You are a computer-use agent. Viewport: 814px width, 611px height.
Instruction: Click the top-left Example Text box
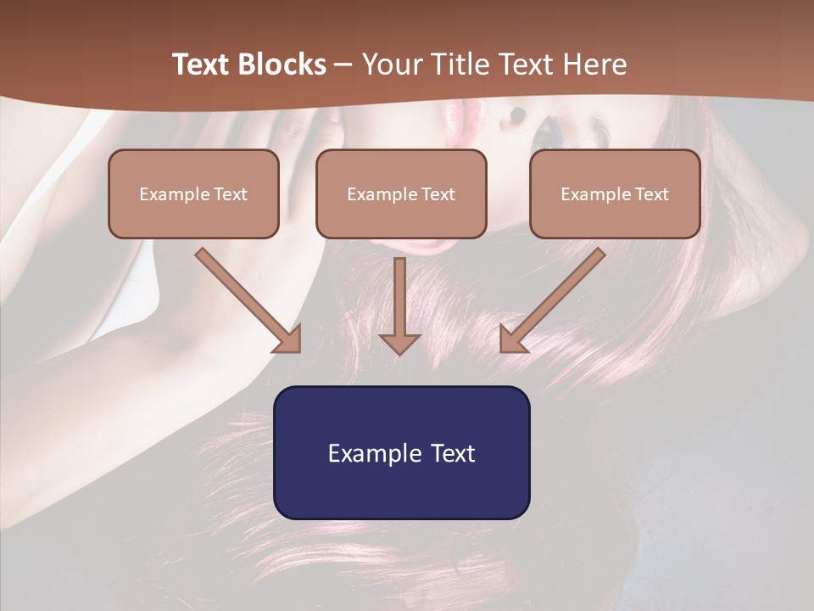point(193,193)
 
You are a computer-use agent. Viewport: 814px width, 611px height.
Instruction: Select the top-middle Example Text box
point(401,193)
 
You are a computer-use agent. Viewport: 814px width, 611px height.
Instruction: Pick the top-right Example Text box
point(615,193)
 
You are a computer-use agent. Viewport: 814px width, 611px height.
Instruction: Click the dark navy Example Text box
point(401,452)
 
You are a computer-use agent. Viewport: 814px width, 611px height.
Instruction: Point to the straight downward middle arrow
point(399,297)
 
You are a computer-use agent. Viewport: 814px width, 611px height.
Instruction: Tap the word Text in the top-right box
point(652,194)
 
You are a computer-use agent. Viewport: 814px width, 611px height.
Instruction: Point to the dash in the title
point(343,64)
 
